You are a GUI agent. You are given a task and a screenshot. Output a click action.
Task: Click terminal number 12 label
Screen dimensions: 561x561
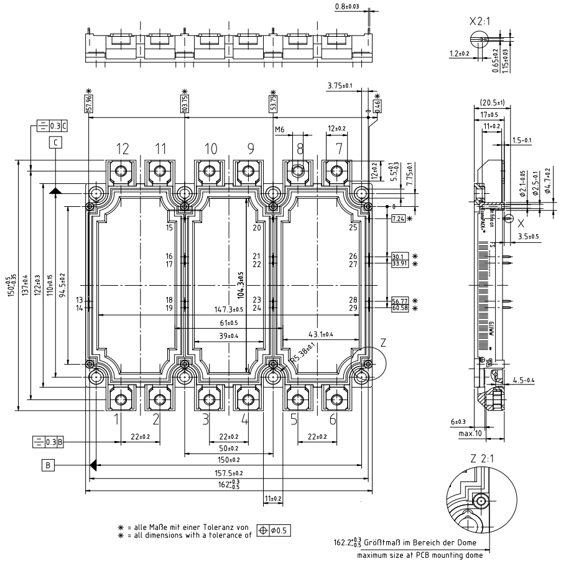point(122,148)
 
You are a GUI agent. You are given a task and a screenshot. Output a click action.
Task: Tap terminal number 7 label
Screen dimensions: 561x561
point(338,148)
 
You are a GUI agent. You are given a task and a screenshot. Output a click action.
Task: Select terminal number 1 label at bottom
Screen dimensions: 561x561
point(116,419)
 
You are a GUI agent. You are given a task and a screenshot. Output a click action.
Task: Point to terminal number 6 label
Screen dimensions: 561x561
point(333,419)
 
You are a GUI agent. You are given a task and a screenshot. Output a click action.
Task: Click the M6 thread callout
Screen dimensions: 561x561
point(280,129)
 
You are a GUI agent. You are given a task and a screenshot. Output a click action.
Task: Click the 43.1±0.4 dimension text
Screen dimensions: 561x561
point(317,334)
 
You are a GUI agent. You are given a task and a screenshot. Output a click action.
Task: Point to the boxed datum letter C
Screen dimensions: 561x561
point(56,142)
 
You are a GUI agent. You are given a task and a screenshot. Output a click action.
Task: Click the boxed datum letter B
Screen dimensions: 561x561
point(47,464)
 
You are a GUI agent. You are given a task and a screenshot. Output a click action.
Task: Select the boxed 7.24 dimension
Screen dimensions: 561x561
point(398,220)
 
